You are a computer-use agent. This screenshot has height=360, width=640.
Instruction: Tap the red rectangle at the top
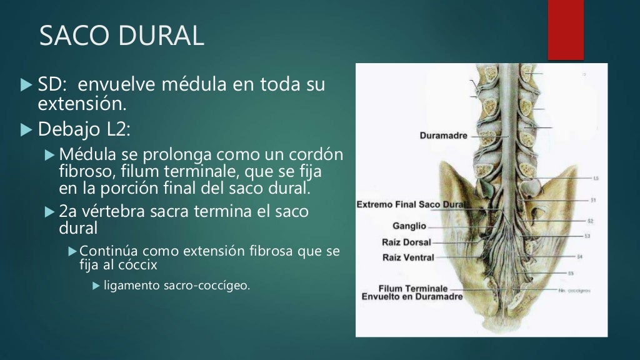tap(566, 29)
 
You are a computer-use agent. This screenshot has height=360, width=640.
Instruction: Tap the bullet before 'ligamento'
tap(96, 286)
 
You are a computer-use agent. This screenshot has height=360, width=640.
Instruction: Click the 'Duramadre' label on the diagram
tap(443, 135)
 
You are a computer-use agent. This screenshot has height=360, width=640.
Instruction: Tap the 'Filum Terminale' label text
tap(413, 288)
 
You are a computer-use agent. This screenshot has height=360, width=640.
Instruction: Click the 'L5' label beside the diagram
tap(596, 178)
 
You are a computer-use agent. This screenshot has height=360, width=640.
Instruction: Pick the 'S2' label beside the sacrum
tap(590, 221)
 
